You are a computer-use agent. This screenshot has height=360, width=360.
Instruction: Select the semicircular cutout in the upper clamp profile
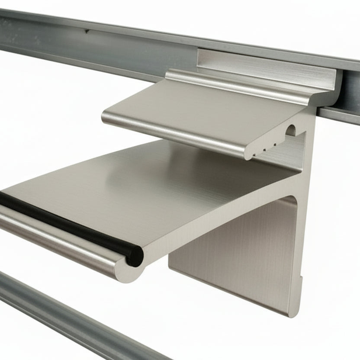coord(291,130)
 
